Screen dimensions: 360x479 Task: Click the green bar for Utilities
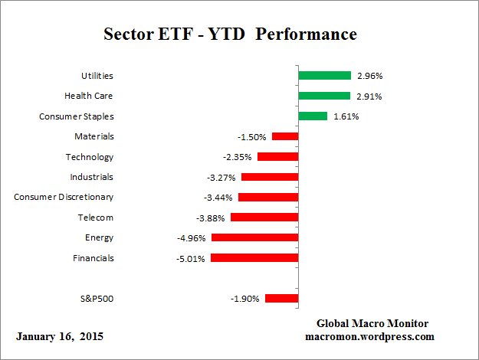[324, 76]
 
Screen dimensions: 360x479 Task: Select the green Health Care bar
[323, 96]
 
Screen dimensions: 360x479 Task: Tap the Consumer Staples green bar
[313, 116]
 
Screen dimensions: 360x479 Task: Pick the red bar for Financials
[254, 258]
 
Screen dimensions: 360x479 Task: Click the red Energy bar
[254, 237]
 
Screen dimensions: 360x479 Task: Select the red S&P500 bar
[281, 298]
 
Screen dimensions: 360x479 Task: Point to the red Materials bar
[285, 136]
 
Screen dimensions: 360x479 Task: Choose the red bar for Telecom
[264, 218]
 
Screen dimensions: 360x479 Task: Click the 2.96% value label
[369, 76]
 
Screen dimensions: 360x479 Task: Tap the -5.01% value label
[191, 258]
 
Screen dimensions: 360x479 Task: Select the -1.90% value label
[245, 298]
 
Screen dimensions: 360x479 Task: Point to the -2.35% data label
[238, 157]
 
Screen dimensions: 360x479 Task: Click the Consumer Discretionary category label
[64, 197]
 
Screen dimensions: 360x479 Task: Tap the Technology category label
[90, 157]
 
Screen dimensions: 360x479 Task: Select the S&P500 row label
[97, 298]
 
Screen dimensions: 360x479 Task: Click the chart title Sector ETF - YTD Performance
[230, 34]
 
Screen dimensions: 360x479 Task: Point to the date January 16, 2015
[59, 336]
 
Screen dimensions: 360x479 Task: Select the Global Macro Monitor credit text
[373, 323]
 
